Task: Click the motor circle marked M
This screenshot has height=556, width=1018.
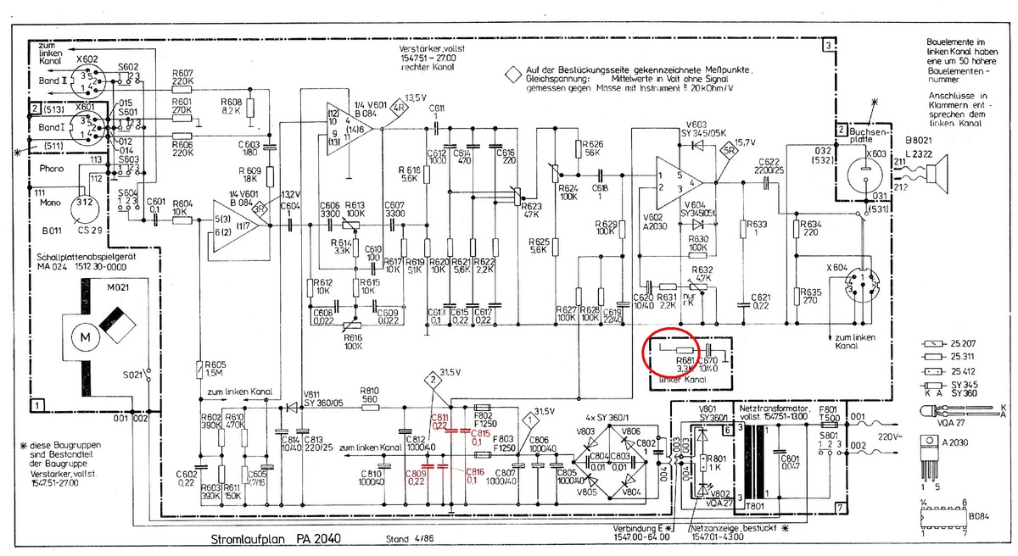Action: (84, 337)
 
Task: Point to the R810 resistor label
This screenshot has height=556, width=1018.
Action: (369, 393)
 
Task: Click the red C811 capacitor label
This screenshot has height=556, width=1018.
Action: (440, 421)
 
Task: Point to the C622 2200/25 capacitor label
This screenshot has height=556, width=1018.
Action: (769, 166)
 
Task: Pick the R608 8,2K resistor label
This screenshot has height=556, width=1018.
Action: (230, 107)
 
